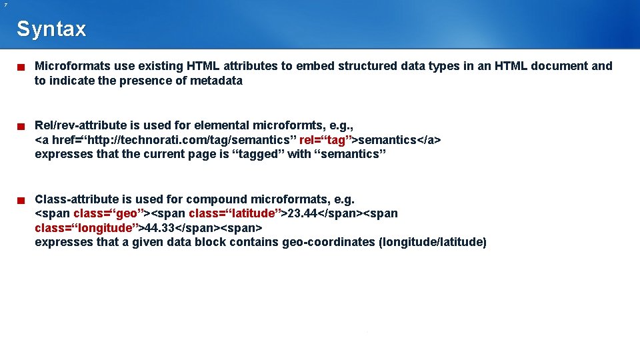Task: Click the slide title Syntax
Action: pos(51,29)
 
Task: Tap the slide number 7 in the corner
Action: pos(5,5)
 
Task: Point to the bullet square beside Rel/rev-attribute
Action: pos(21,126)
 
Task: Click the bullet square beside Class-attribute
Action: pos(21,200)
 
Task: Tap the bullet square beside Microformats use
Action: pos(21,67)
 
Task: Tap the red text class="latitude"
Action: pos(237,213)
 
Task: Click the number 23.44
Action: pos(301,213)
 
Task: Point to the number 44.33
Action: pos(160,228)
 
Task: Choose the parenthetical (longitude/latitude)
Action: pos(432,242)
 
